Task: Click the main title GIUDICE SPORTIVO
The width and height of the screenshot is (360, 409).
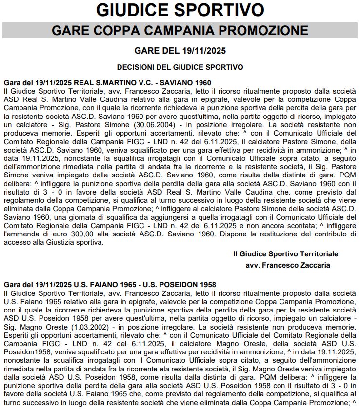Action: [180, 10]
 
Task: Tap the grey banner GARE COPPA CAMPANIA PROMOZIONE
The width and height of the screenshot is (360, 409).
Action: [180, 30]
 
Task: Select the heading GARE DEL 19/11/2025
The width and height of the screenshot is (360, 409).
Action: [180, 51]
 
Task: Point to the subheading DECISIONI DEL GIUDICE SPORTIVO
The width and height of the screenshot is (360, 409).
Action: [180, 66]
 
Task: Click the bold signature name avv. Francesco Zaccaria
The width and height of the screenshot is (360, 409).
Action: [288, 265]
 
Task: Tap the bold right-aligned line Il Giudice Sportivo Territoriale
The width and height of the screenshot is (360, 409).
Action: [285, 254]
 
